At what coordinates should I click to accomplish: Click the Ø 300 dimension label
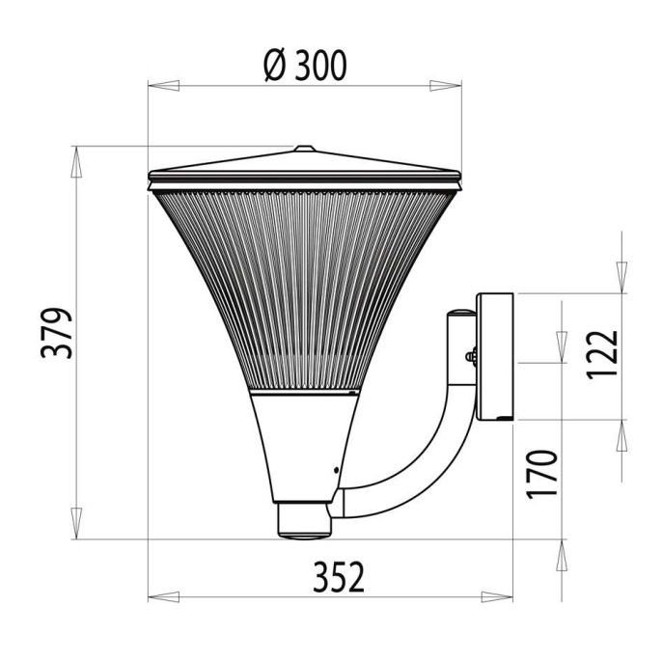(x=304, y=66)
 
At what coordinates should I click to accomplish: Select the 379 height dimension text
(x=57, y=333)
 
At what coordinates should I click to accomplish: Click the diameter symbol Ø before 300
(x=272, y=66)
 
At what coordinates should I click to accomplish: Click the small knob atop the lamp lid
(x=304, y=149)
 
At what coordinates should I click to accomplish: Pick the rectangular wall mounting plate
(x=497, y=357)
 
